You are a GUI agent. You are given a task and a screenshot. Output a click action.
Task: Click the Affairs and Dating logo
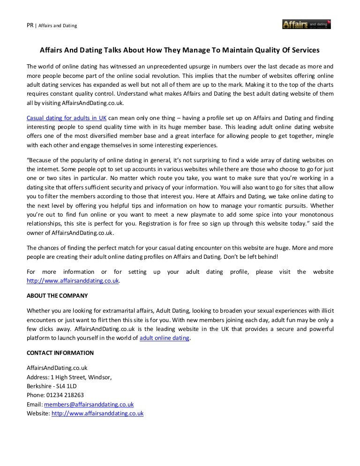(x=307, y=23)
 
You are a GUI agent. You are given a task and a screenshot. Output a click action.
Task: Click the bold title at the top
(x=180, y=50)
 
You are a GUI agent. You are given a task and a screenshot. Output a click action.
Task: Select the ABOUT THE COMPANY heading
(x=57, y=296)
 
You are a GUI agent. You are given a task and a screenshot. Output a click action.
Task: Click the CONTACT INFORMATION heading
(x=60, y=353)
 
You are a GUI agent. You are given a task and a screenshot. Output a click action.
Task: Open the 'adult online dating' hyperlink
(x=165, y=338)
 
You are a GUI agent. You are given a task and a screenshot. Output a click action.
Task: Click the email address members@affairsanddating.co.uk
(x=89, y=404)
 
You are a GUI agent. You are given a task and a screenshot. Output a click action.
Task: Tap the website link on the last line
(x=97, y=413)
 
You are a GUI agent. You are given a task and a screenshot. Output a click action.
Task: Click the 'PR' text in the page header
(x=30, y=25)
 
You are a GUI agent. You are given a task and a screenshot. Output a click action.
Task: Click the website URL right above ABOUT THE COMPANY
(x=73, y=281)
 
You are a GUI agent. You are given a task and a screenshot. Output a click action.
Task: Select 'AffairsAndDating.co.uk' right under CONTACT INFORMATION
(x=57, y=368)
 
